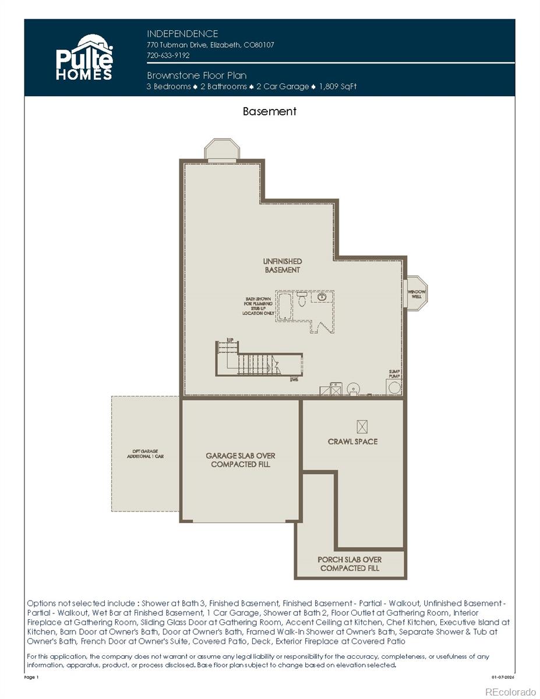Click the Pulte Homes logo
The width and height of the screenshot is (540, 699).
tap(84, 57)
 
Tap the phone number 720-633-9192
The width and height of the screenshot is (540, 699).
tap(168, 55)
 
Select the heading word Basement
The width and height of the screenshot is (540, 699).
tap(270, 111)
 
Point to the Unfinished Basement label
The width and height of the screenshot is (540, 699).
tap(283, 266)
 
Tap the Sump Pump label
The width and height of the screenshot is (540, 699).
tap(394, 373)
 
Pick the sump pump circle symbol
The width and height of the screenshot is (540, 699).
tap(394, 387)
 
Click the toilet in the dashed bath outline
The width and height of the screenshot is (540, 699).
tap(302, 299)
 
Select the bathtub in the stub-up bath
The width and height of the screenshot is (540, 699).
tap(285, 306)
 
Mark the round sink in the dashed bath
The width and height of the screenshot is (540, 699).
tap(322, 297)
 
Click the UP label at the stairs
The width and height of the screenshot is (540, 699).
tap(221, 340)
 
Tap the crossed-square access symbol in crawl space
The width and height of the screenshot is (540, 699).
tap(362, 426)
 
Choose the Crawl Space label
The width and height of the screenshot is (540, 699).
tap(352, 442)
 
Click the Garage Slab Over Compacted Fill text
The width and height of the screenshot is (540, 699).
tap(241, 460)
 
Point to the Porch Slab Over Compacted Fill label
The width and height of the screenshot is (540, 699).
tap(350, 564)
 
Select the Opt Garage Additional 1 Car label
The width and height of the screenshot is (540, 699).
tap(146, 454)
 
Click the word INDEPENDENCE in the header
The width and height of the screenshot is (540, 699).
tap(182, 34)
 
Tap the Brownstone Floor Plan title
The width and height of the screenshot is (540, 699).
tap(196, 75)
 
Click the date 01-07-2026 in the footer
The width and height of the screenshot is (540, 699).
tap(503, 677)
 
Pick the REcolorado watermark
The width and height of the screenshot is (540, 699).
tap(510, 691)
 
